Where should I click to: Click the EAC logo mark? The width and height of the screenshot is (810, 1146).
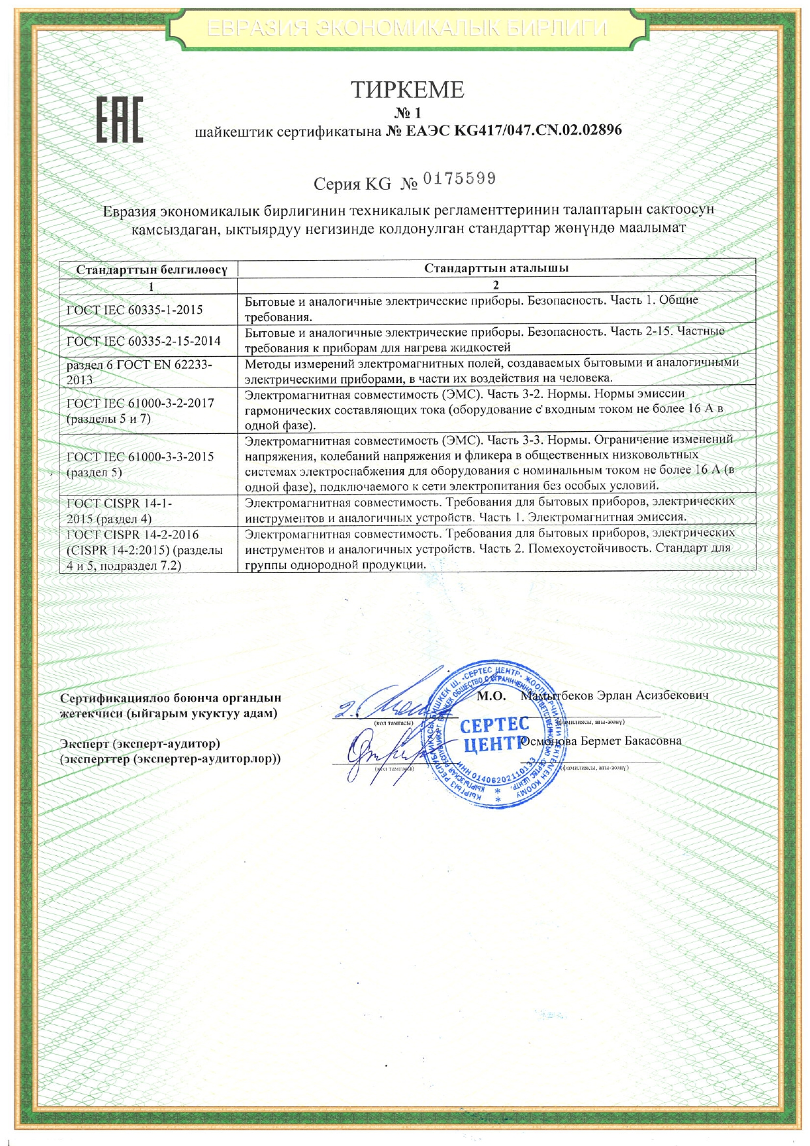tap(120, 120)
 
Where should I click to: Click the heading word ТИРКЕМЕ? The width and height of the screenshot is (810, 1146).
tap(408, 90)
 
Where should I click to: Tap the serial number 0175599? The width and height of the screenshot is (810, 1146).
tap(459, 178)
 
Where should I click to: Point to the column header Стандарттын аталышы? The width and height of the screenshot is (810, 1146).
tap(496, 268)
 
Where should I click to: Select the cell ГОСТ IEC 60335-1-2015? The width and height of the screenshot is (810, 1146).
tap(135, 310)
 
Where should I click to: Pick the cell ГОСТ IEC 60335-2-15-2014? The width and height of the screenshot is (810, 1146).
tap(144, 340)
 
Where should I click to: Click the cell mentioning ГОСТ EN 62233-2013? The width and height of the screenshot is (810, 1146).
tap(139, 372)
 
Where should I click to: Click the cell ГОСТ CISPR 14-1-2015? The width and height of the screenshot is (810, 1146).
tap(120, 511)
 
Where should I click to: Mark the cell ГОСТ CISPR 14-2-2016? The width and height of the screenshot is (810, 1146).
tap(144, 550)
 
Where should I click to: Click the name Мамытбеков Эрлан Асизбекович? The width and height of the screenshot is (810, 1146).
tap(614, 695)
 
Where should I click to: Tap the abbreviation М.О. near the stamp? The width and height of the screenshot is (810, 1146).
tap(491, 696)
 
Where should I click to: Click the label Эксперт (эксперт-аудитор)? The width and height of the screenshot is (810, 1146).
tap(140, 744)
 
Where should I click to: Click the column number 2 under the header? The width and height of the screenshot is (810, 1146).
tap(496, 285)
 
